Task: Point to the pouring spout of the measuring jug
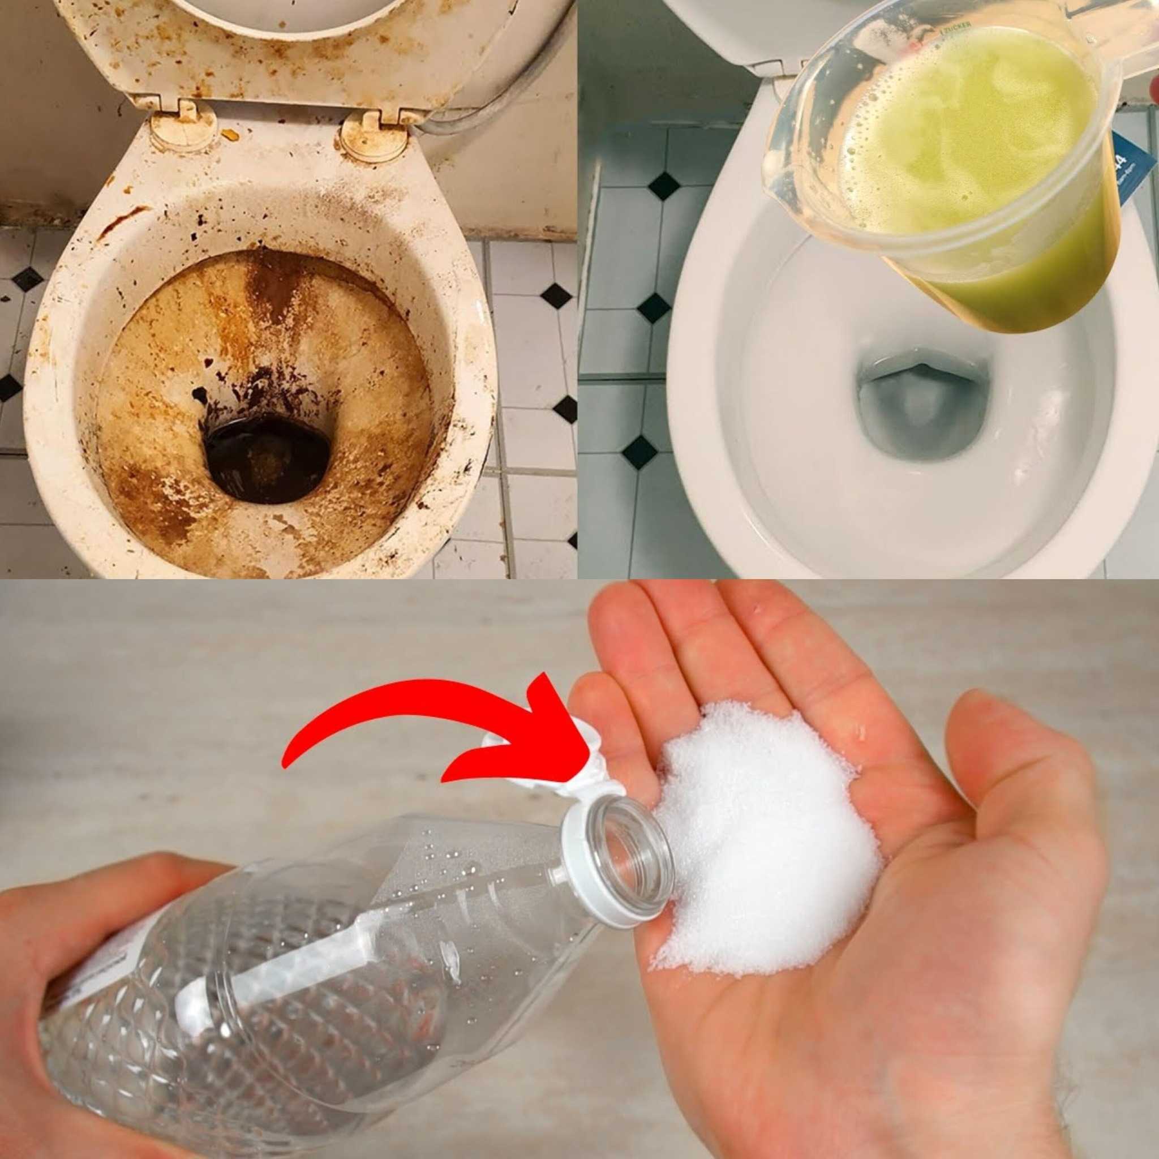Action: click(x=780, y=174)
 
